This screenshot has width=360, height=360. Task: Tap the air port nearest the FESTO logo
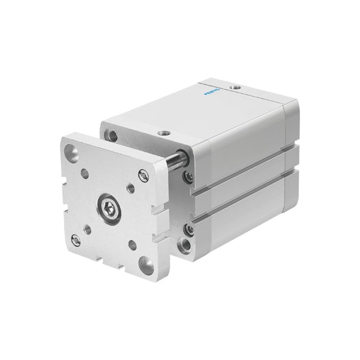click(x=236, y=88)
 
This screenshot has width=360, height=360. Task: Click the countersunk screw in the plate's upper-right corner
click(x=143, y=175)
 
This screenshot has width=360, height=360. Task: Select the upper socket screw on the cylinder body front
click(x=189, y=176)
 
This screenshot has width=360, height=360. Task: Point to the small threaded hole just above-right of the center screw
click(x=130, y=188)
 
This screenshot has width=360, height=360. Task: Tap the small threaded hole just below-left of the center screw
click(x=88, y=229)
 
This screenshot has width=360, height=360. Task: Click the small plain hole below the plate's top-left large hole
click(x=84, y=175)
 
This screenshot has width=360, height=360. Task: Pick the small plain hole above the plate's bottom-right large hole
click(x=133, y=244)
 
